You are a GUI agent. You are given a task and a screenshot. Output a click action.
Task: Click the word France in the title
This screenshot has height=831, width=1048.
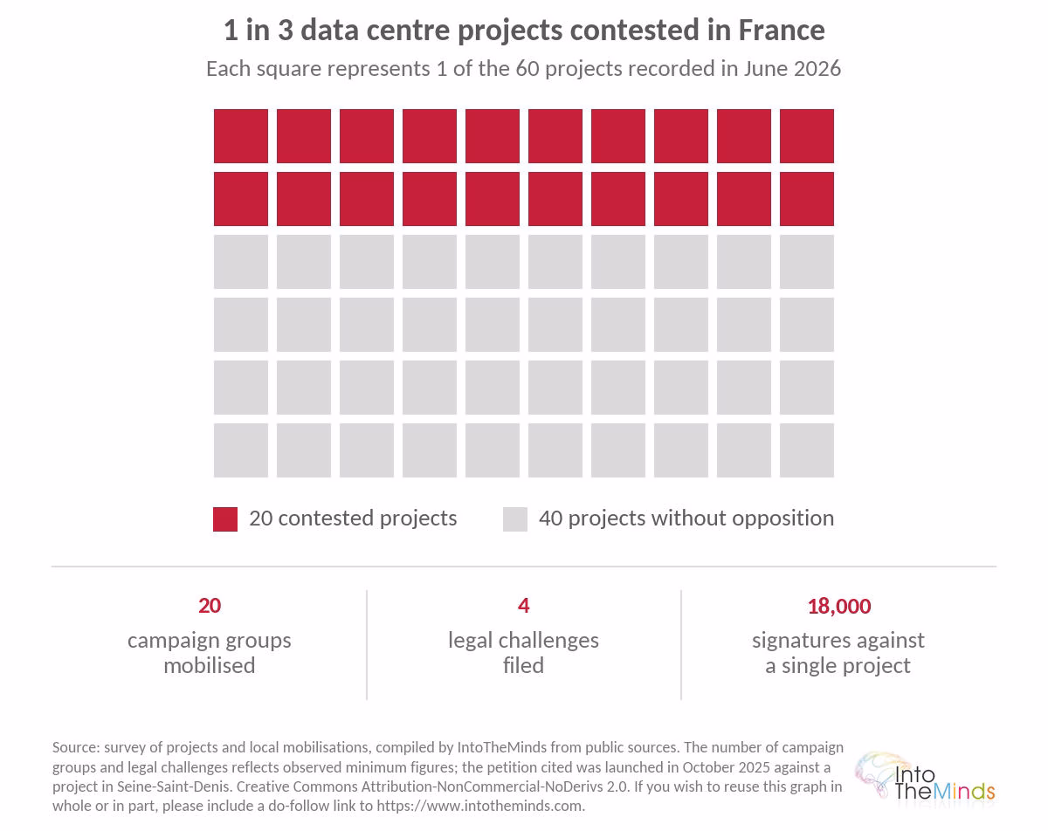coord(782,31)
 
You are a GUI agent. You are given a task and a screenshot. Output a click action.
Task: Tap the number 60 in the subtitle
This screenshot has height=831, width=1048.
coord(527,69)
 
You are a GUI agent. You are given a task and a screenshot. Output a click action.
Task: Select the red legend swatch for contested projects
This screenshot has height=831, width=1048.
coord(225,519)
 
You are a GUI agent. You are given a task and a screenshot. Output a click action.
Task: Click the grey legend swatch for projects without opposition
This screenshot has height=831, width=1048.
coord(514,519)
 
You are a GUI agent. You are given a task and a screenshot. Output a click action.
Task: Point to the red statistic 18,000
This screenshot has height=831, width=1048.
coord(838,606)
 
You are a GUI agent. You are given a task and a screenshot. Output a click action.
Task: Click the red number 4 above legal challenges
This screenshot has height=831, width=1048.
coord(523,606)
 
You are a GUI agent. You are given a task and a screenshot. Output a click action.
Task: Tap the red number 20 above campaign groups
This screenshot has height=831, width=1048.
coord(210,606)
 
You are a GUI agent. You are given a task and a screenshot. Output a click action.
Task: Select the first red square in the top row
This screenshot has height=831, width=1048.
coord(240,136)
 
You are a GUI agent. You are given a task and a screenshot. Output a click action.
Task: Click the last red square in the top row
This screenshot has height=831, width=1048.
coord(806,136)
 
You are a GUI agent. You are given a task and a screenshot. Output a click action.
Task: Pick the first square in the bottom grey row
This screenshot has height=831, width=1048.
coord(240,450)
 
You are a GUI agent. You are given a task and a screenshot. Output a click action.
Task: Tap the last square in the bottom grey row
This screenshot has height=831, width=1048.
coord(806,450)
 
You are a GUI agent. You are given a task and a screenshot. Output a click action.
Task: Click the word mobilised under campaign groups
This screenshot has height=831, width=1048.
coord(210,665)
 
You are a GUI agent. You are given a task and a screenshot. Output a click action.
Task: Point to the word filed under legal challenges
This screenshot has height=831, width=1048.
coord(523,665)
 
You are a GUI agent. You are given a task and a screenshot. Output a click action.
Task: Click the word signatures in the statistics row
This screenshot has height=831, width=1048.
coord(797,641)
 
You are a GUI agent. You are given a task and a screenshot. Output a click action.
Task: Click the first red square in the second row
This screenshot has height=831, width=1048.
coord(240,199)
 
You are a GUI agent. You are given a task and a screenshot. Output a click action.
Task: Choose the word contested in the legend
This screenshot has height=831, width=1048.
coord(326,519)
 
